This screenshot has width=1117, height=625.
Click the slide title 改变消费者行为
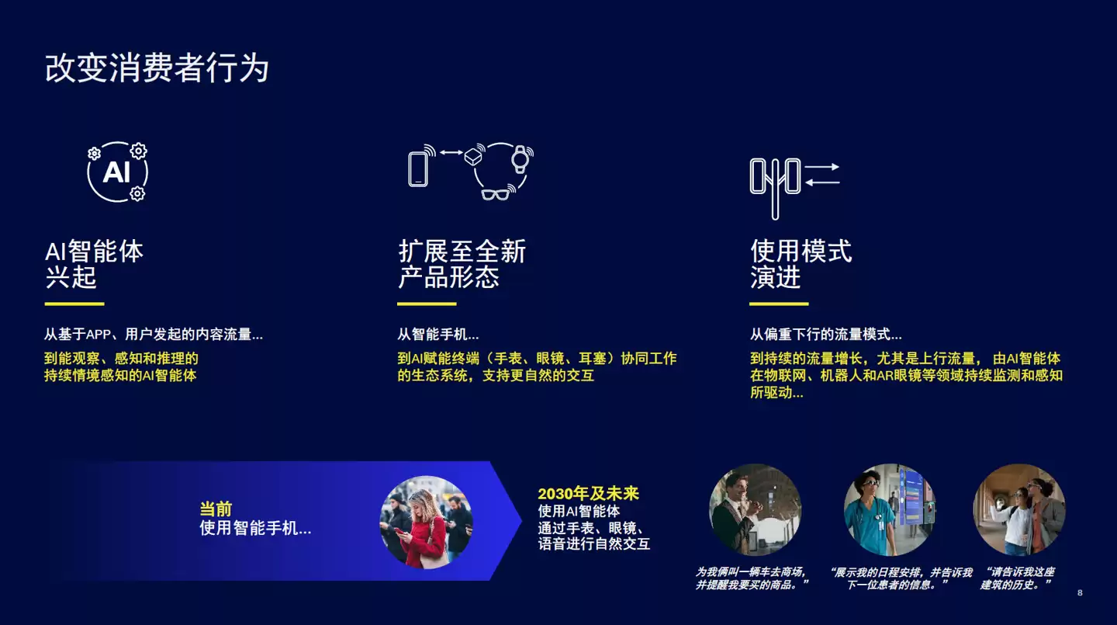157,68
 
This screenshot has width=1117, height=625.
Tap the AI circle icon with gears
117,172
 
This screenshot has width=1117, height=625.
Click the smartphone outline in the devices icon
418,168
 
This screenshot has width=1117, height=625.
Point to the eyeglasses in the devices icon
494,193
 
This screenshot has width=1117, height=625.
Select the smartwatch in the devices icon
519,158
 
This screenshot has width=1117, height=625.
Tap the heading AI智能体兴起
94,264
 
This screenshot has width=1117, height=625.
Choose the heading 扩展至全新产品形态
462,264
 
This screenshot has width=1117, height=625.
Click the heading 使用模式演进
801,264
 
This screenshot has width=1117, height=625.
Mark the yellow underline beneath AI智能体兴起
74,304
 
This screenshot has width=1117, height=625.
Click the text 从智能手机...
438,335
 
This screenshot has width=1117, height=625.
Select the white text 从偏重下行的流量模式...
825,335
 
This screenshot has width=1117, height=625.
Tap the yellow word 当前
216,509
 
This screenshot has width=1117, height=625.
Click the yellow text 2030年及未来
588,494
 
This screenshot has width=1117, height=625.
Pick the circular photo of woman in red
426,522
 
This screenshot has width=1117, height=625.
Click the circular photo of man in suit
755,509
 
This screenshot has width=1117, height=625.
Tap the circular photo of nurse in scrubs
890,509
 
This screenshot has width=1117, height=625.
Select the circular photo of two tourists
1019,509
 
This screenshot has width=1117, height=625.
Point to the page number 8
1080,593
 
